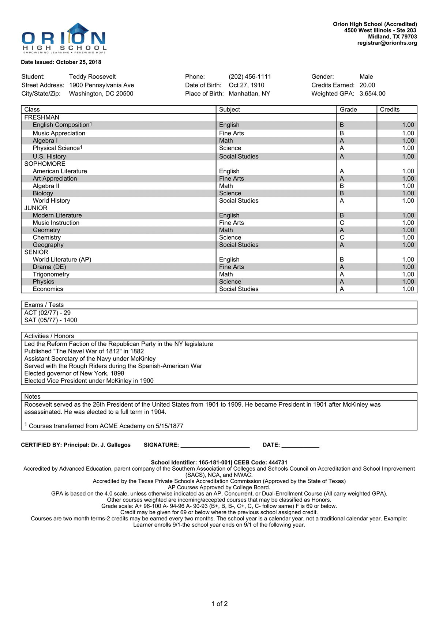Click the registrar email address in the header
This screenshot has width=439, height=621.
[x=387, y=43]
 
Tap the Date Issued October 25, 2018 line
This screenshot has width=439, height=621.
[x=61, y=62]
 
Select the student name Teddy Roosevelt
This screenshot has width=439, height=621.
[x=92, y=76]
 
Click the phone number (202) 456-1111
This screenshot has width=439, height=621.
[x=250, y=76]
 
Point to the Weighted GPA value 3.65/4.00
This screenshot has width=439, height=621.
[x=372, y=94]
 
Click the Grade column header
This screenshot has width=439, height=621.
[x=348, y=109]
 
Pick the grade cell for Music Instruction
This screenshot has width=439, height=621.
[x=342, y=223]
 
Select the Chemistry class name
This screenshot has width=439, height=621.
[x=47, y=237]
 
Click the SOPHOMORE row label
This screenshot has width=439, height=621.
[x=45, y=164]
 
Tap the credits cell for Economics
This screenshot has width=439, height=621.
[x=408, y=289]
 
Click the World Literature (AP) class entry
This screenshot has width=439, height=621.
[x=62, y=259]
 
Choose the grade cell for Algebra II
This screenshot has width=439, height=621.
[x=342, y=186]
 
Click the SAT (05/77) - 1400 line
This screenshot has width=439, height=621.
[x=50, y=320]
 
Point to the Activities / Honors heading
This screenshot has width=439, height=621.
[x=49, y=336]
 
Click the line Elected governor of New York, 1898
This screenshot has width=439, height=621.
[x=74, y=373]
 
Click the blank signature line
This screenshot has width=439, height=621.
[x=215, y=445]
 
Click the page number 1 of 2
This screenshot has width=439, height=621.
[x=219, y=604]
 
